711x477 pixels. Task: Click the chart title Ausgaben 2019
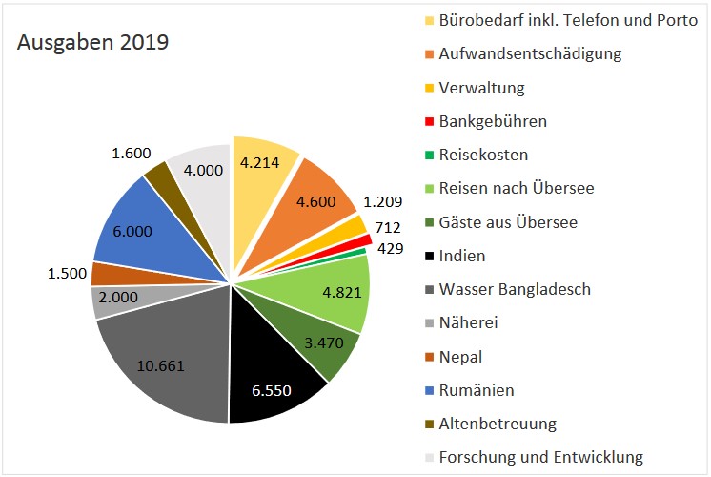pyautogui.click(x=93, y=42)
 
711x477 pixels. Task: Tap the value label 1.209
pyautogui.click(x=383, y=202)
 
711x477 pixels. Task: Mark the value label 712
pyautogui.click(x=387, y=227)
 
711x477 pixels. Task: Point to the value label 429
pyautogui.click(x=389, y=249)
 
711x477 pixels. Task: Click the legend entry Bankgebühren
pyautogui.click(x=493, y=121)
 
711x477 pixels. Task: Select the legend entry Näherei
pyautogui.click(x=468, y=322)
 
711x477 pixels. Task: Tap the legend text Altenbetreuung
pyautogui.click(x=498, y=423)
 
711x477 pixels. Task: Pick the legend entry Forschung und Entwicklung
pyautogui.click(x=540, y=457)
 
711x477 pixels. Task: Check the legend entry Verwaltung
pyautogui.click(x=481, y=88)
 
